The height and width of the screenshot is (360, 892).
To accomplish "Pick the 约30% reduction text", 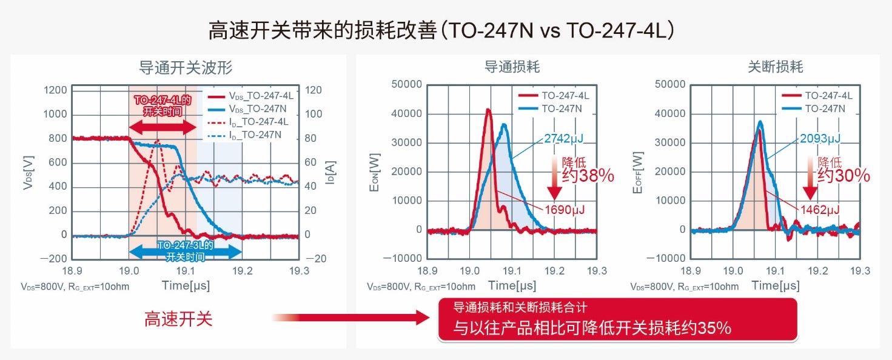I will (x=843, y=176).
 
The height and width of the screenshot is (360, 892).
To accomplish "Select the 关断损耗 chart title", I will (x=776, y=67).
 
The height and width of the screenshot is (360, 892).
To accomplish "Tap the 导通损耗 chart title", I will (x=512, y=67).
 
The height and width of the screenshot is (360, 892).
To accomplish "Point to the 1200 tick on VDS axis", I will (x=55, y=90).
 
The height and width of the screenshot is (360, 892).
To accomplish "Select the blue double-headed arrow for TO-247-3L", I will (x=185, y=250).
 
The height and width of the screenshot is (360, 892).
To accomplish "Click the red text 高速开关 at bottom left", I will (x=178, y=319).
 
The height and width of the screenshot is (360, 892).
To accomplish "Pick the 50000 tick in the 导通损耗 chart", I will (x=406, y=85).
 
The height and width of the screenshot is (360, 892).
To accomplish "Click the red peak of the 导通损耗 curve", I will (x=488, y=110).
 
